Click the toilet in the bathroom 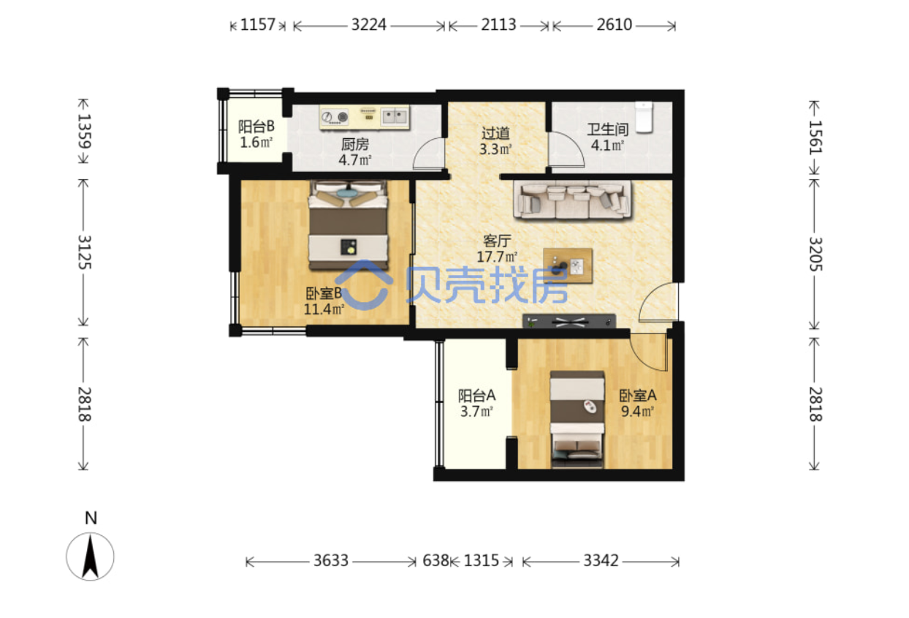(644, 117)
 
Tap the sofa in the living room (572, 200)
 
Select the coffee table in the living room (568, 265)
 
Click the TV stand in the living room (569, 321)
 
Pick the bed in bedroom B (348, 225)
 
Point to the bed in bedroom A (577, 419)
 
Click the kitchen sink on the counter (395, 116)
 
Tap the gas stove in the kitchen (335, 117)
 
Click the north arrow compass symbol (90, 557)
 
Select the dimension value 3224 (368, 25)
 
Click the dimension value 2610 (614, 25)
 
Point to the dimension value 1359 (85, 131)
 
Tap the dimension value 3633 (331, 561)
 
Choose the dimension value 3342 (601, 561)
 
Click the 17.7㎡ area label (497, 257)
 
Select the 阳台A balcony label (477, 395)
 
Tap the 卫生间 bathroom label (608, 129)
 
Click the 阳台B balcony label (256, 127)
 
